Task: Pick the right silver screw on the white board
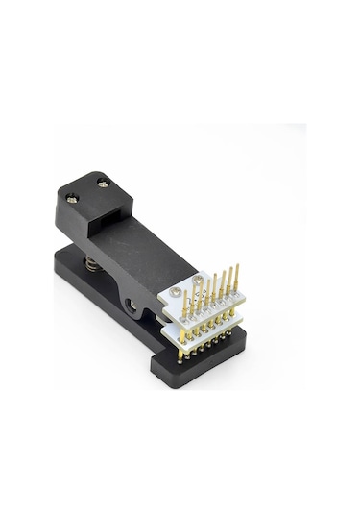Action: [197, 282]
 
